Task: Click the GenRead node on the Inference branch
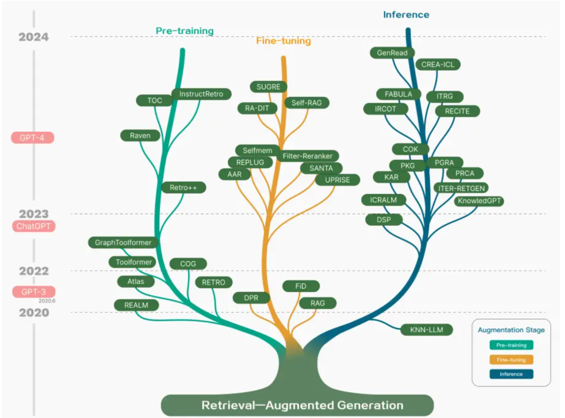pyautogui.click(x=392, y=53)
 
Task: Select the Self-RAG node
pyautogui.click(x=307, y=103)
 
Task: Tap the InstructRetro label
pyautogui.click(x=201, y=94)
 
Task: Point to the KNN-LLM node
pyautogui.click(x=427, y=330)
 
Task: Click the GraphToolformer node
pyautogui.click(x=123, y=242)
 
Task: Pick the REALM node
pyautogui.click(x=136, y=305)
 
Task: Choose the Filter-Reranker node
pyautogui.click(x=308, y=156)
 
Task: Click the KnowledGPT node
pyautogui.click(x=479, y=201)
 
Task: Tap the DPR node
pyautogui.click(x=251, y=297)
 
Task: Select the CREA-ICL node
pyautogui.click(x=438, y=64)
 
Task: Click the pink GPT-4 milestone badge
pyautogui.click(x=32, y=138)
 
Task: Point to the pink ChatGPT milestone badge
pyautogui.click(x=33, y=226)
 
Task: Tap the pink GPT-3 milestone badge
pyautogui.click(x=33, y=292)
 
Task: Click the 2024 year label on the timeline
pyautogui.click(x=33, y=37)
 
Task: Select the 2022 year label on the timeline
pyautogui.click(x=34, y=271)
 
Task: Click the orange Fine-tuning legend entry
pyautogui.click(x=511, y=360)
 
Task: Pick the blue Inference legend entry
pyautogui.click(x=511, y=374)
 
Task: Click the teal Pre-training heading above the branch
pyautogui.click(x=185, y=31)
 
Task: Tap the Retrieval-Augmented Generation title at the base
pyautogui.click(x=303, y=405)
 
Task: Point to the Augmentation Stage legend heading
pyautogui.click(x=511, y=330)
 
